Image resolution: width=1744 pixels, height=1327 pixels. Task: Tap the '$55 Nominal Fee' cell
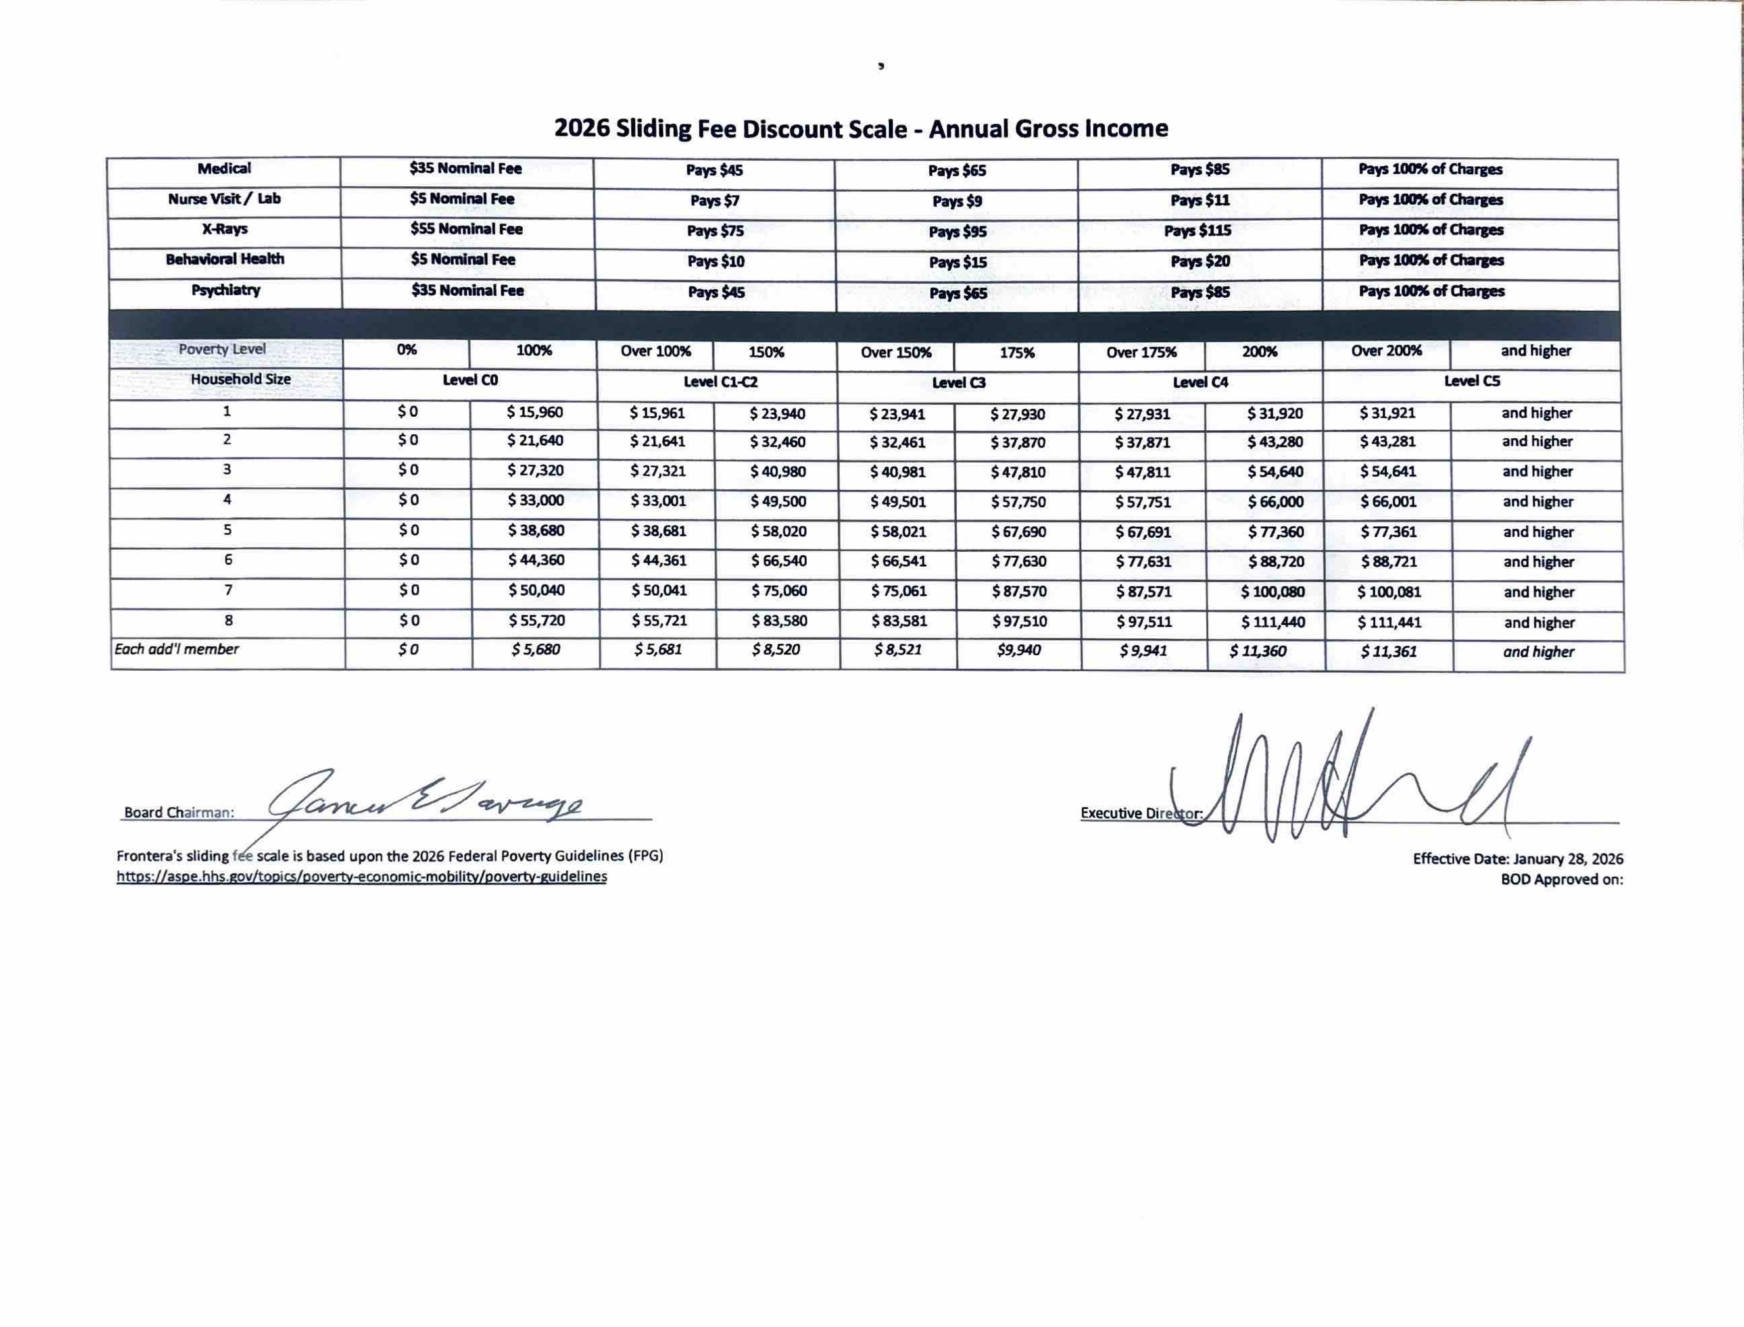click(x=466, y=229)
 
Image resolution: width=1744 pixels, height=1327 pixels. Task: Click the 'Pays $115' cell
click(x=1197, y=231)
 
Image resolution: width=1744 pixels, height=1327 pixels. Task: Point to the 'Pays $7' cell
click(x=715, y=201)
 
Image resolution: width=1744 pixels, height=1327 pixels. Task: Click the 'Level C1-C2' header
click(x=720, y=382)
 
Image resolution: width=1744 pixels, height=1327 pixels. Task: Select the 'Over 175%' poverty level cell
click(x=1141, y=352)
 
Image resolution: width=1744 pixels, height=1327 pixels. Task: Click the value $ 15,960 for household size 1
click(x=535, y=412)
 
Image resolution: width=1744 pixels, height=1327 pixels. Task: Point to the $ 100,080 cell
click(x=1272, y=592)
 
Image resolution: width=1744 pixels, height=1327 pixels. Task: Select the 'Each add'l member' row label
click(x=177, y=649)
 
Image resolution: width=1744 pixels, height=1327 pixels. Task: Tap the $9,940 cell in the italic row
click(x=1018, y=650)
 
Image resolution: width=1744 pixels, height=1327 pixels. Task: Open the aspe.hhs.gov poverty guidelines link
click(x=362, y=877)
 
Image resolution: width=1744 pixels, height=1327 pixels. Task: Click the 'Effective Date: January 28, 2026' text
click(x=1517, y=858)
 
